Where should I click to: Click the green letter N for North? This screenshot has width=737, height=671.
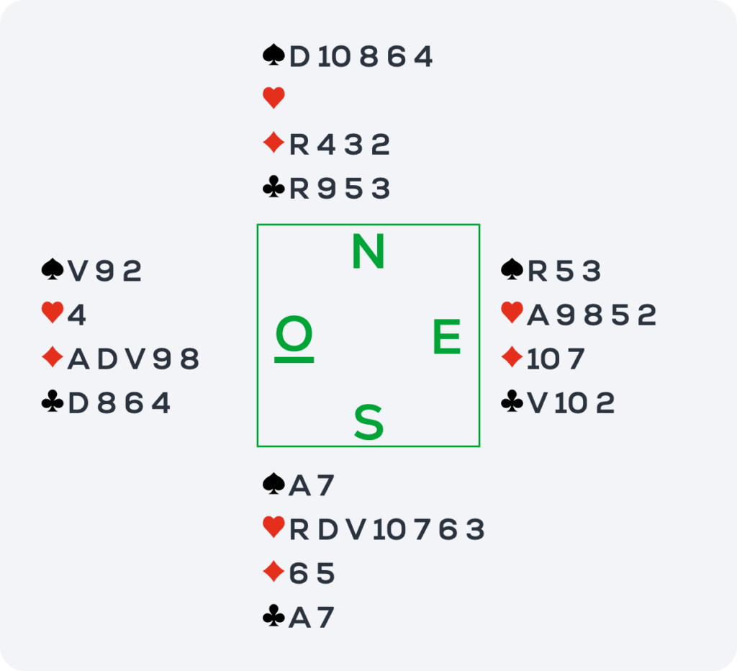(368, 251)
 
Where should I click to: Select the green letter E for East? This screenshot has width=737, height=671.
(446, 336)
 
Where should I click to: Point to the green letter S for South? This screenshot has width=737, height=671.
(368, 422)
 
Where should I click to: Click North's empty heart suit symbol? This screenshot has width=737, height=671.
(273, 98)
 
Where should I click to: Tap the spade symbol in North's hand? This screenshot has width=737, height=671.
(273, 55)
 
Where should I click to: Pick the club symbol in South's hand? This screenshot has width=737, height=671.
(273, 616)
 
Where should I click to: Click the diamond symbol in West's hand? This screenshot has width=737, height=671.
(53, 357)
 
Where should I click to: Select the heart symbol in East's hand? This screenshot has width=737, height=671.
(512, 312)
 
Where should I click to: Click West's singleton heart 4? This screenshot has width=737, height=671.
(76, 315)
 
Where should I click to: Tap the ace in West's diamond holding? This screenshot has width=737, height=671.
(78, 359)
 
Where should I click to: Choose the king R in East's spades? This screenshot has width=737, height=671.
(537, 271)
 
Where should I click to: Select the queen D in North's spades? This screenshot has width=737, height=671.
(299, 57)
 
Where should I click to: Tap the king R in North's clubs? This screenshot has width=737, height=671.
(299, 189)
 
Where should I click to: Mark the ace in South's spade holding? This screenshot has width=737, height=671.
(299, 485)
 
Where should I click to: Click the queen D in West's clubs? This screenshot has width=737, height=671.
(78, 403)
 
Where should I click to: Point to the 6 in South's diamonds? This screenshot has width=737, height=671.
(299, 574)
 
